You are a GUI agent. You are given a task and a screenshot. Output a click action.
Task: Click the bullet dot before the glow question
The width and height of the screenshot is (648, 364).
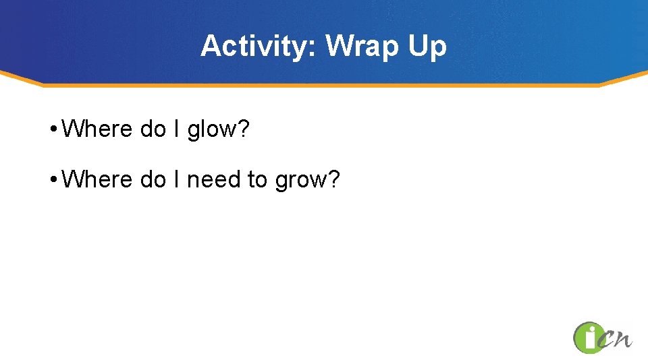53,129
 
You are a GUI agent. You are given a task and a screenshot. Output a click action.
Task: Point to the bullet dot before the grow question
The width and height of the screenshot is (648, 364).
53,180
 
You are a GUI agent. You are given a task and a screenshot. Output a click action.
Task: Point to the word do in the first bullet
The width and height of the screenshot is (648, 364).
153,128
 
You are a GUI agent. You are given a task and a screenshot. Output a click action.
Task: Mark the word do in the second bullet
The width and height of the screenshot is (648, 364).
153,179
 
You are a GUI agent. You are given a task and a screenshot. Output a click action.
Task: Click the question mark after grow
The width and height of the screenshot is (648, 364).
333,179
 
